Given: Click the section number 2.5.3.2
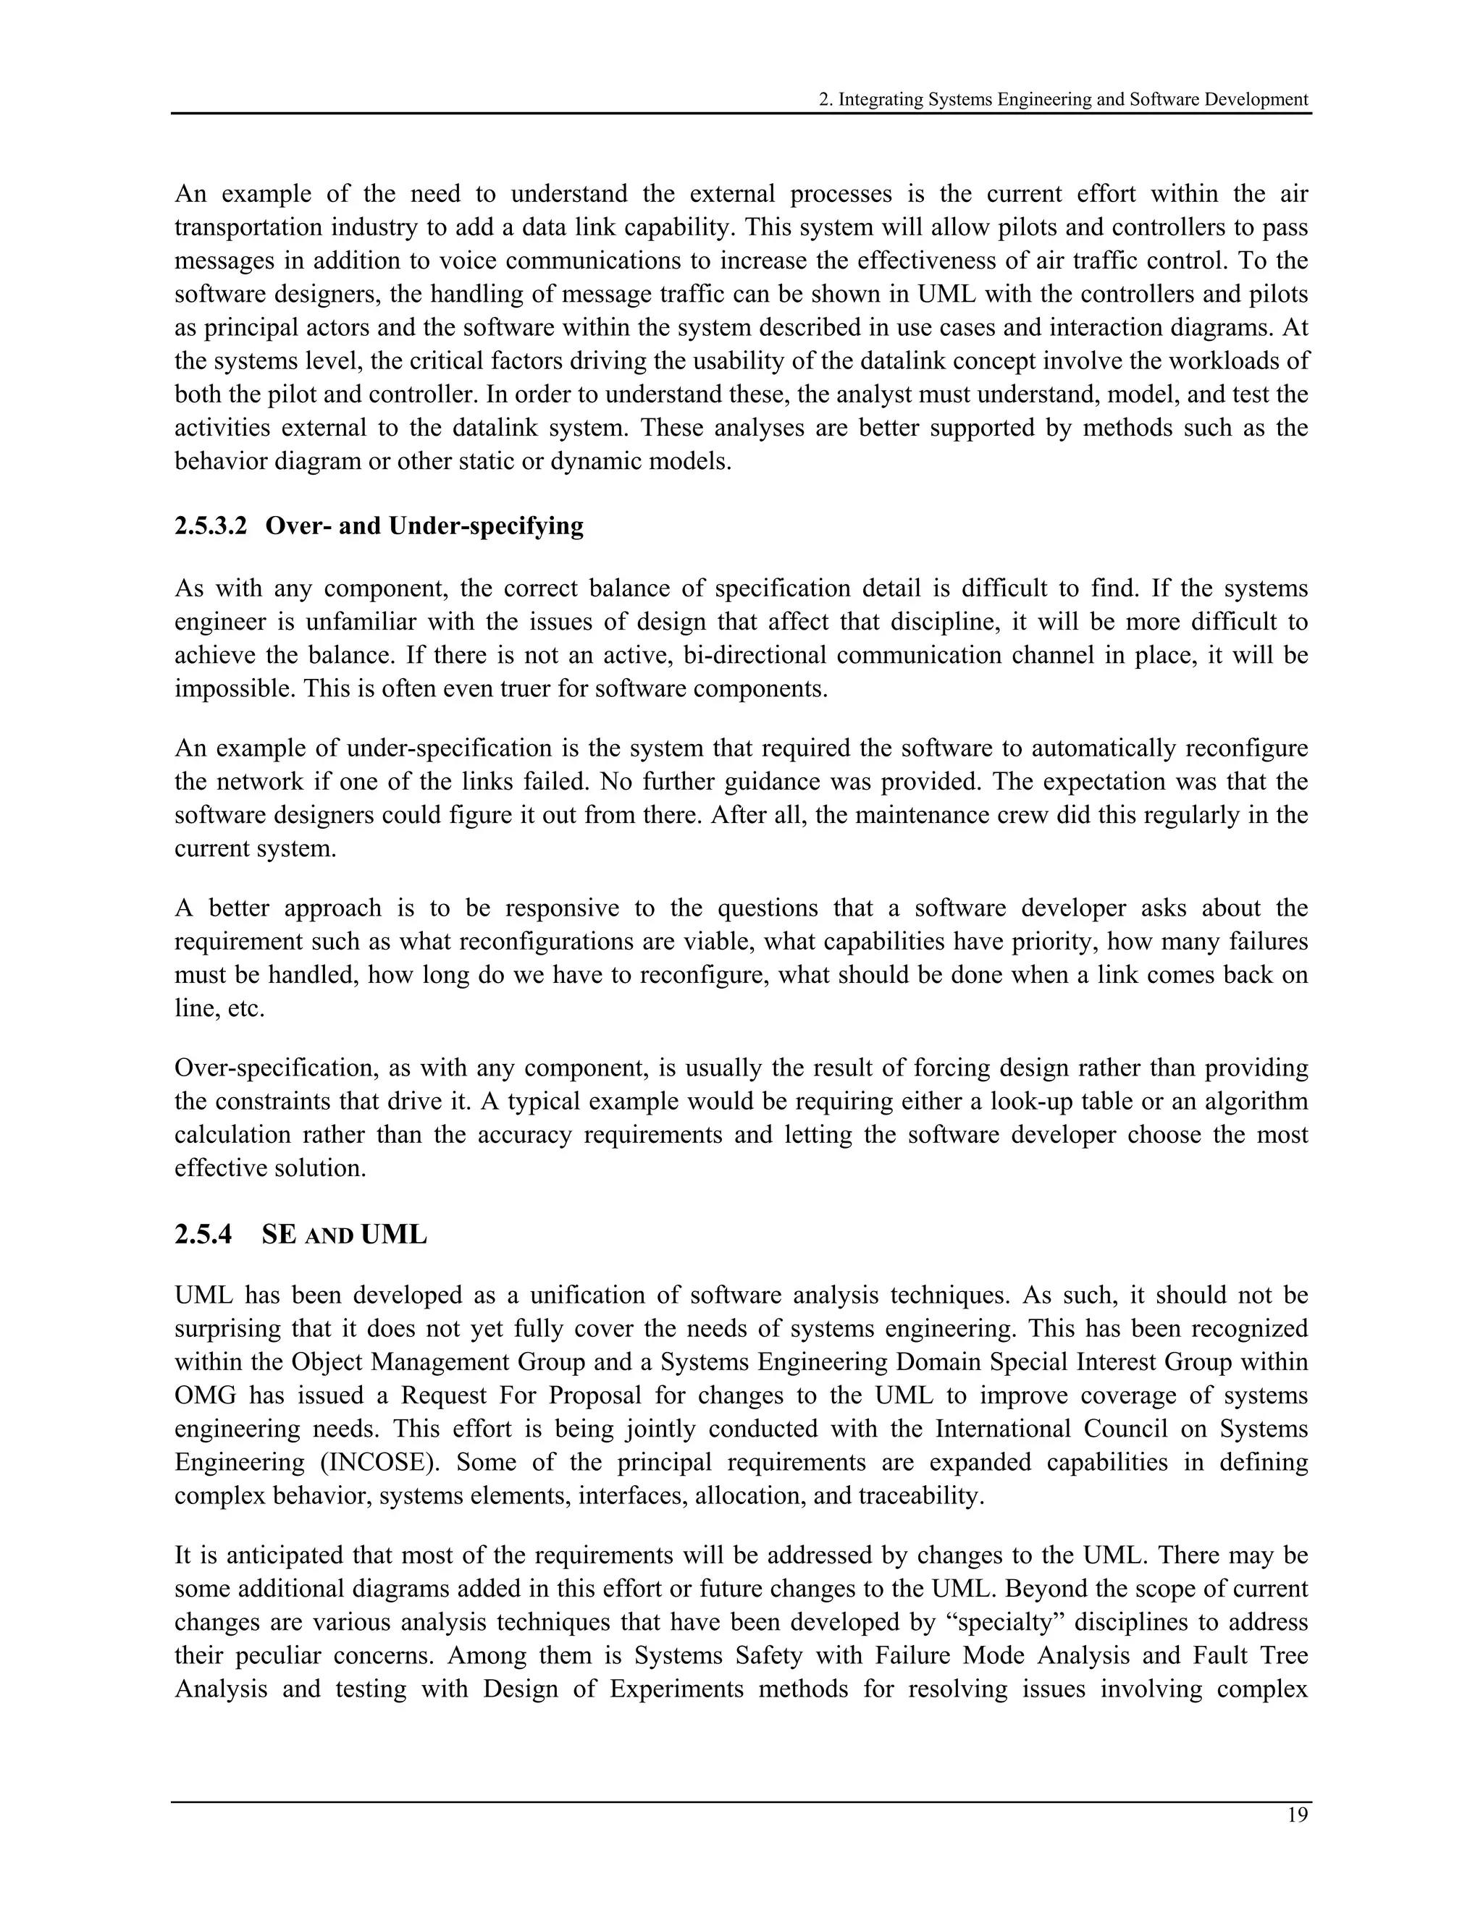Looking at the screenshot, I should pyautogui.click(x=211, y=526).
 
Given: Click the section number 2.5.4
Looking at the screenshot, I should pyautogui.click(x=203, y=1234).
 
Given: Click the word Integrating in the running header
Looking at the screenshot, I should pyautogui.click(x=881, y=99).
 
